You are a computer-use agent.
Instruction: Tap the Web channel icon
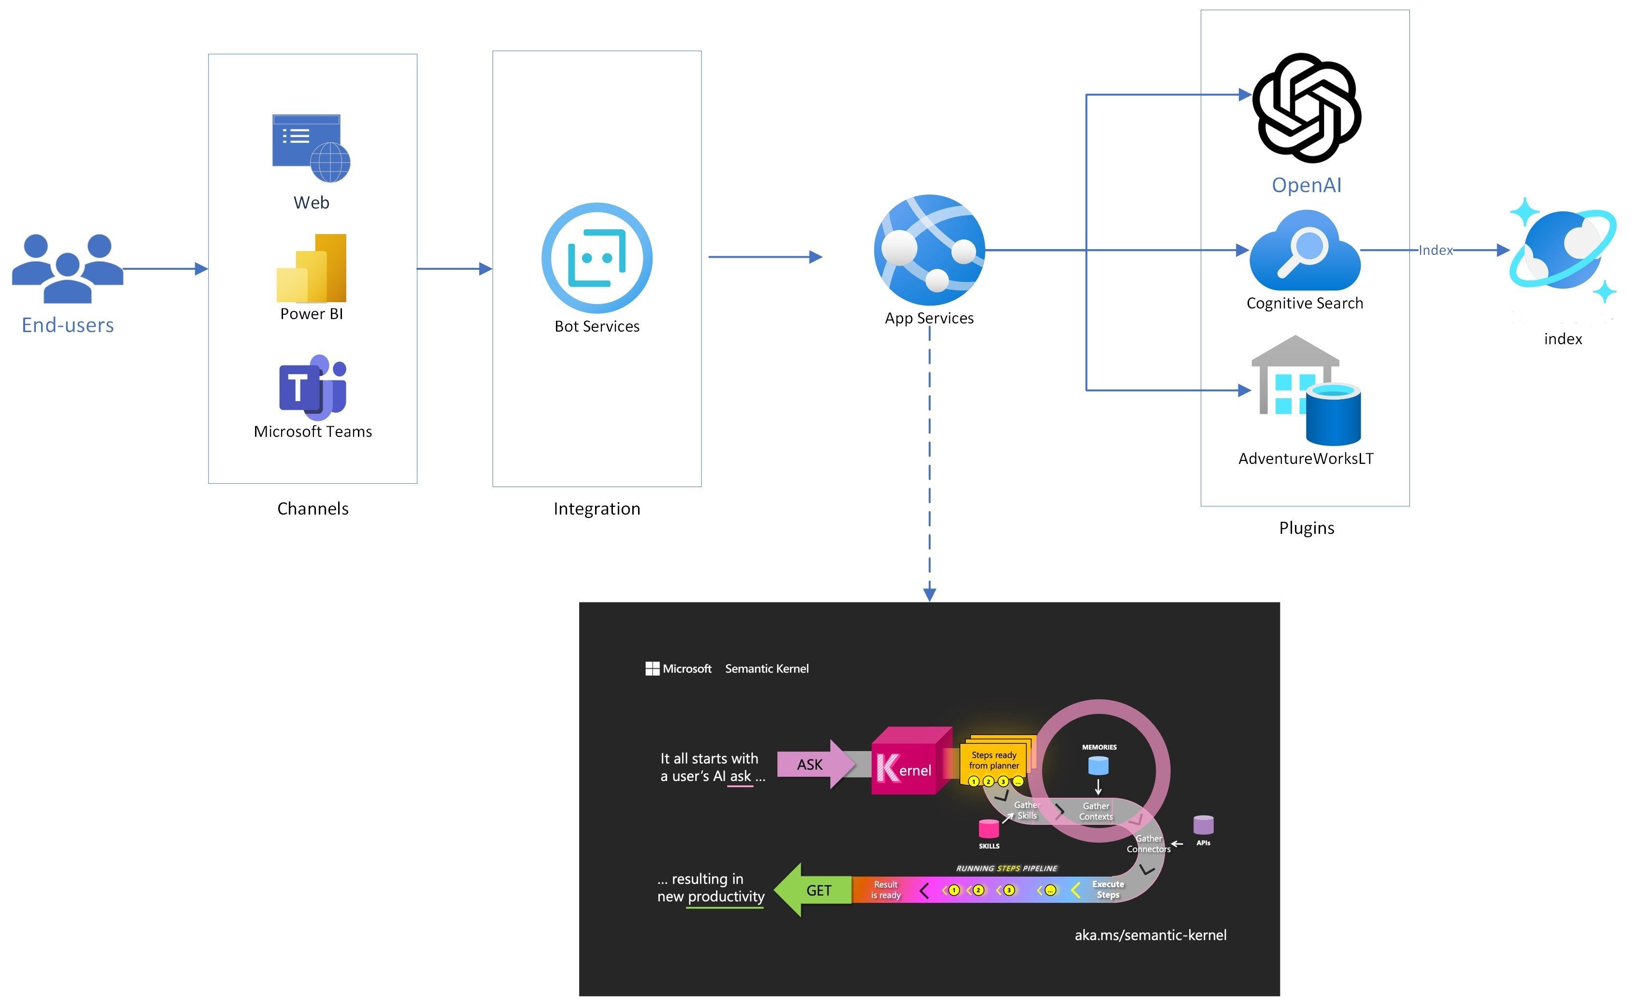coord(311,148)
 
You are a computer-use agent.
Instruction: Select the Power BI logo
coord(312,267)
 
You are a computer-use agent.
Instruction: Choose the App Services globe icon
coord(929,250)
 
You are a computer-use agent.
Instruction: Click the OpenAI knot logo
coord(1306,108)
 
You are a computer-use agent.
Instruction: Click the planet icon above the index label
coord(1562,250)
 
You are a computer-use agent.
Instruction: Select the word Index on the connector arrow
coord(1435,250)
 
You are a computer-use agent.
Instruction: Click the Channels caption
coord(313,508)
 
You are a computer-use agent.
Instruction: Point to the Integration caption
coord(597,508)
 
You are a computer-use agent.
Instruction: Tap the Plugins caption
coord(1306,528)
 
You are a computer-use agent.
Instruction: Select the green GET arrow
coord(813,890)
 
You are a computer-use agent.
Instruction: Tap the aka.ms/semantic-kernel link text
coord(1150,935)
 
